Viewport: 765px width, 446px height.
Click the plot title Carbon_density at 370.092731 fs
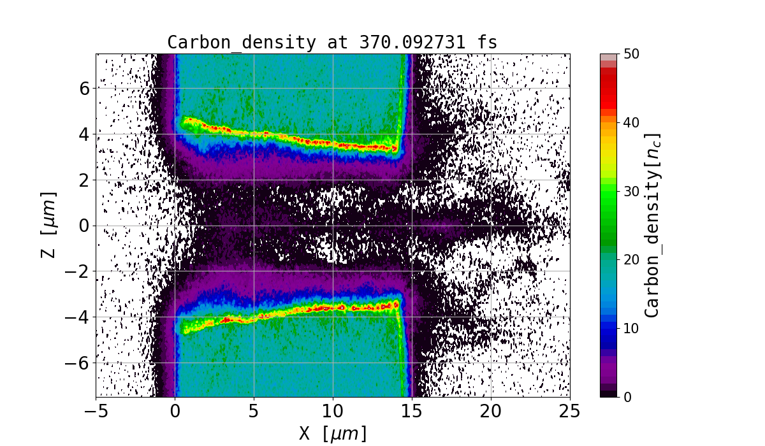[332, 43]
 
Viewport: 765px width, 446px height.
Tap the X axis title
[333, 434]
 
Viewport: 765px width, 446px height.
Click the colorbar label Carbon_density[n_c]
[652, 225]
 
